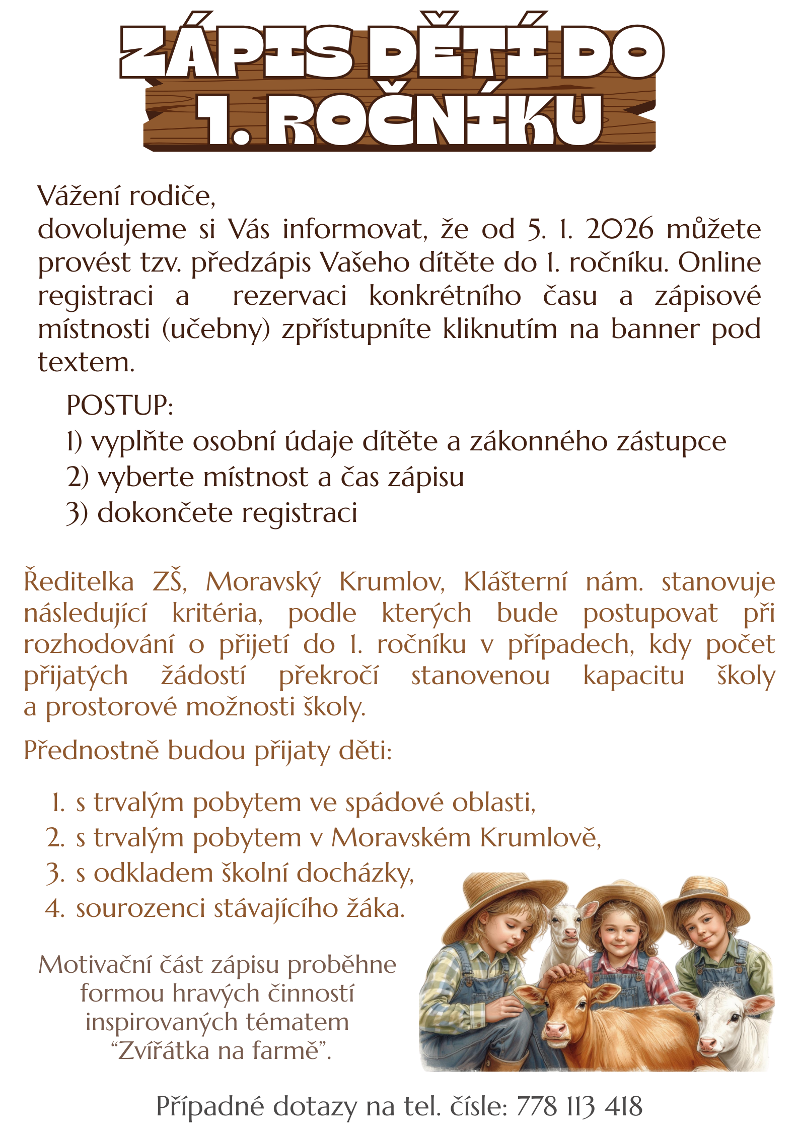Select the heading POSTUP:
click(120, 405)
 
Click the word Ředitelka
click(79, 582)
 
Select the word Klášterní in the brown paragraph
click(515, 582)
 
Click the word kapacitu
click(633, 676)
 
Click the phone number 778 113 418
click(579, 1106)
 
